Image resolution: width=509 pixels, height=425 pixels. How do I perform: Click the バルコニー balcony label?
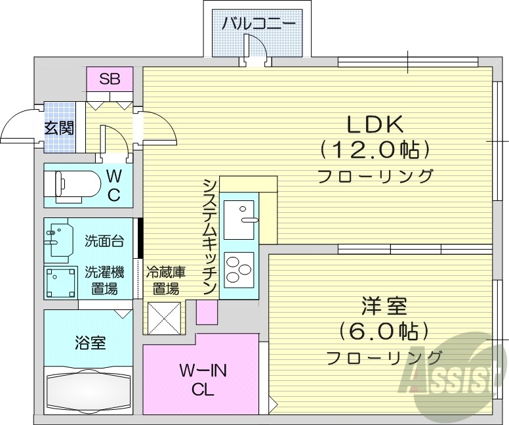point(258,24)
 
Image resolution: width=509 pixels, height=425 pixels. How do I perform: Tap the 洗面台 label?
point(104,240)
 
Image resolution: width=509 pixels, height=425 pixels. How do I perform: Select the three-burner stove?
point(239,269)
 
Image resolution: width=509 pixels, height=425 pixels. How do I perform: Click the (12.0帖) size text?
point(376,150)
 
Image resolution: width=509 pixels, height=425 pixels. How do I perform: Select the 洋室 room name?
point(384,307)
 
